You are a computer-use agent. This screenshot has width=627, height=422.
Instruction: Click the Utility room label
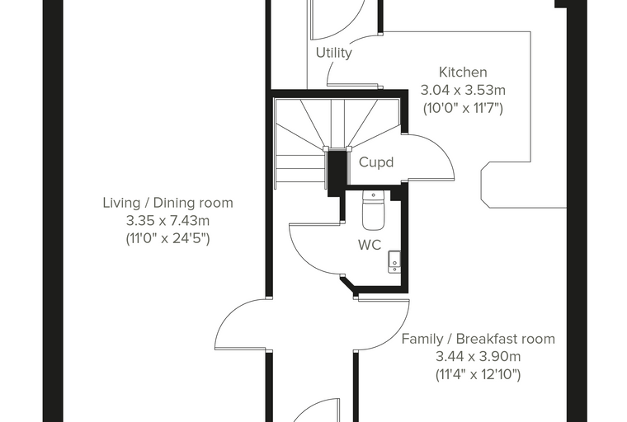click(334, 53)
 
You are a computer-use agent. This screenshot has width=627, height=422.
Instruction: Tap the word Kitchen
click(463, 73)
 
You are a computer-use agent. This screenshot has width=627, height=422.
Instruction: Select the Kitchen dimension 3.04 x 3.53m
click(463, 91)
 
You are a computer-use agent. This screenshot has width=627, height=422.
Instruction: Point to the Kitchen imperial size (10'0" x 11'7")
click(463, 108)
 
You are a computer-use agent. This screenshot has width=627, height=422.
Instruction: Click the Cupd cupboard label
click(376, 162)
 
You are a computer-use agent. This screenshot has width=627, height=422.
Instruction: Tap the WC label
click(370, 245)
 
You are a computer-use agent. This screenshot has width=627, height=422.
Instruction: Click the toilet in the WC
click(373, 211)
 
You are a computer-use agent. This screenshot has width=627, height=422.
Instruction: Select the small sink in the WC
click(394, 262)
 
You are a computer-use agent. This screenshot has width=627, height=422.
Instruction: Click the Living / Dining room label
click(168, 203)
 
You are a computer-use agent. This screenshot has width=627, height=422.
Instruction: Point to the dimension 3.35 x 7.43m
click(168, 221)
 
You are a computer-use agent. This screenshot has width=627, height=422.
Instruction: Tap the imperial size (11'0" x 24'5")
click(168, 238)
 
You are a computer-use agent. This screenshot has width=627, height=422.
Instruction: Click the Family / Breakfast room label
click(478, 339)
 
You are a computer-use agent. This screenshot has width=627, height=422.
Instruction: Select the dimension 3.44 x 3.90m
click(478, 356)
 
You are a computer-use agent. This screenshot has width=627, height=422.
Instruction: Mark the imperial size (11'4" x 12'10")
click(478, 374)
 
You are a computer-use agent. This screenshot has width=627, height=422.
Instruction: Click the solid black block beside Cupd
click(337, 171)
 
